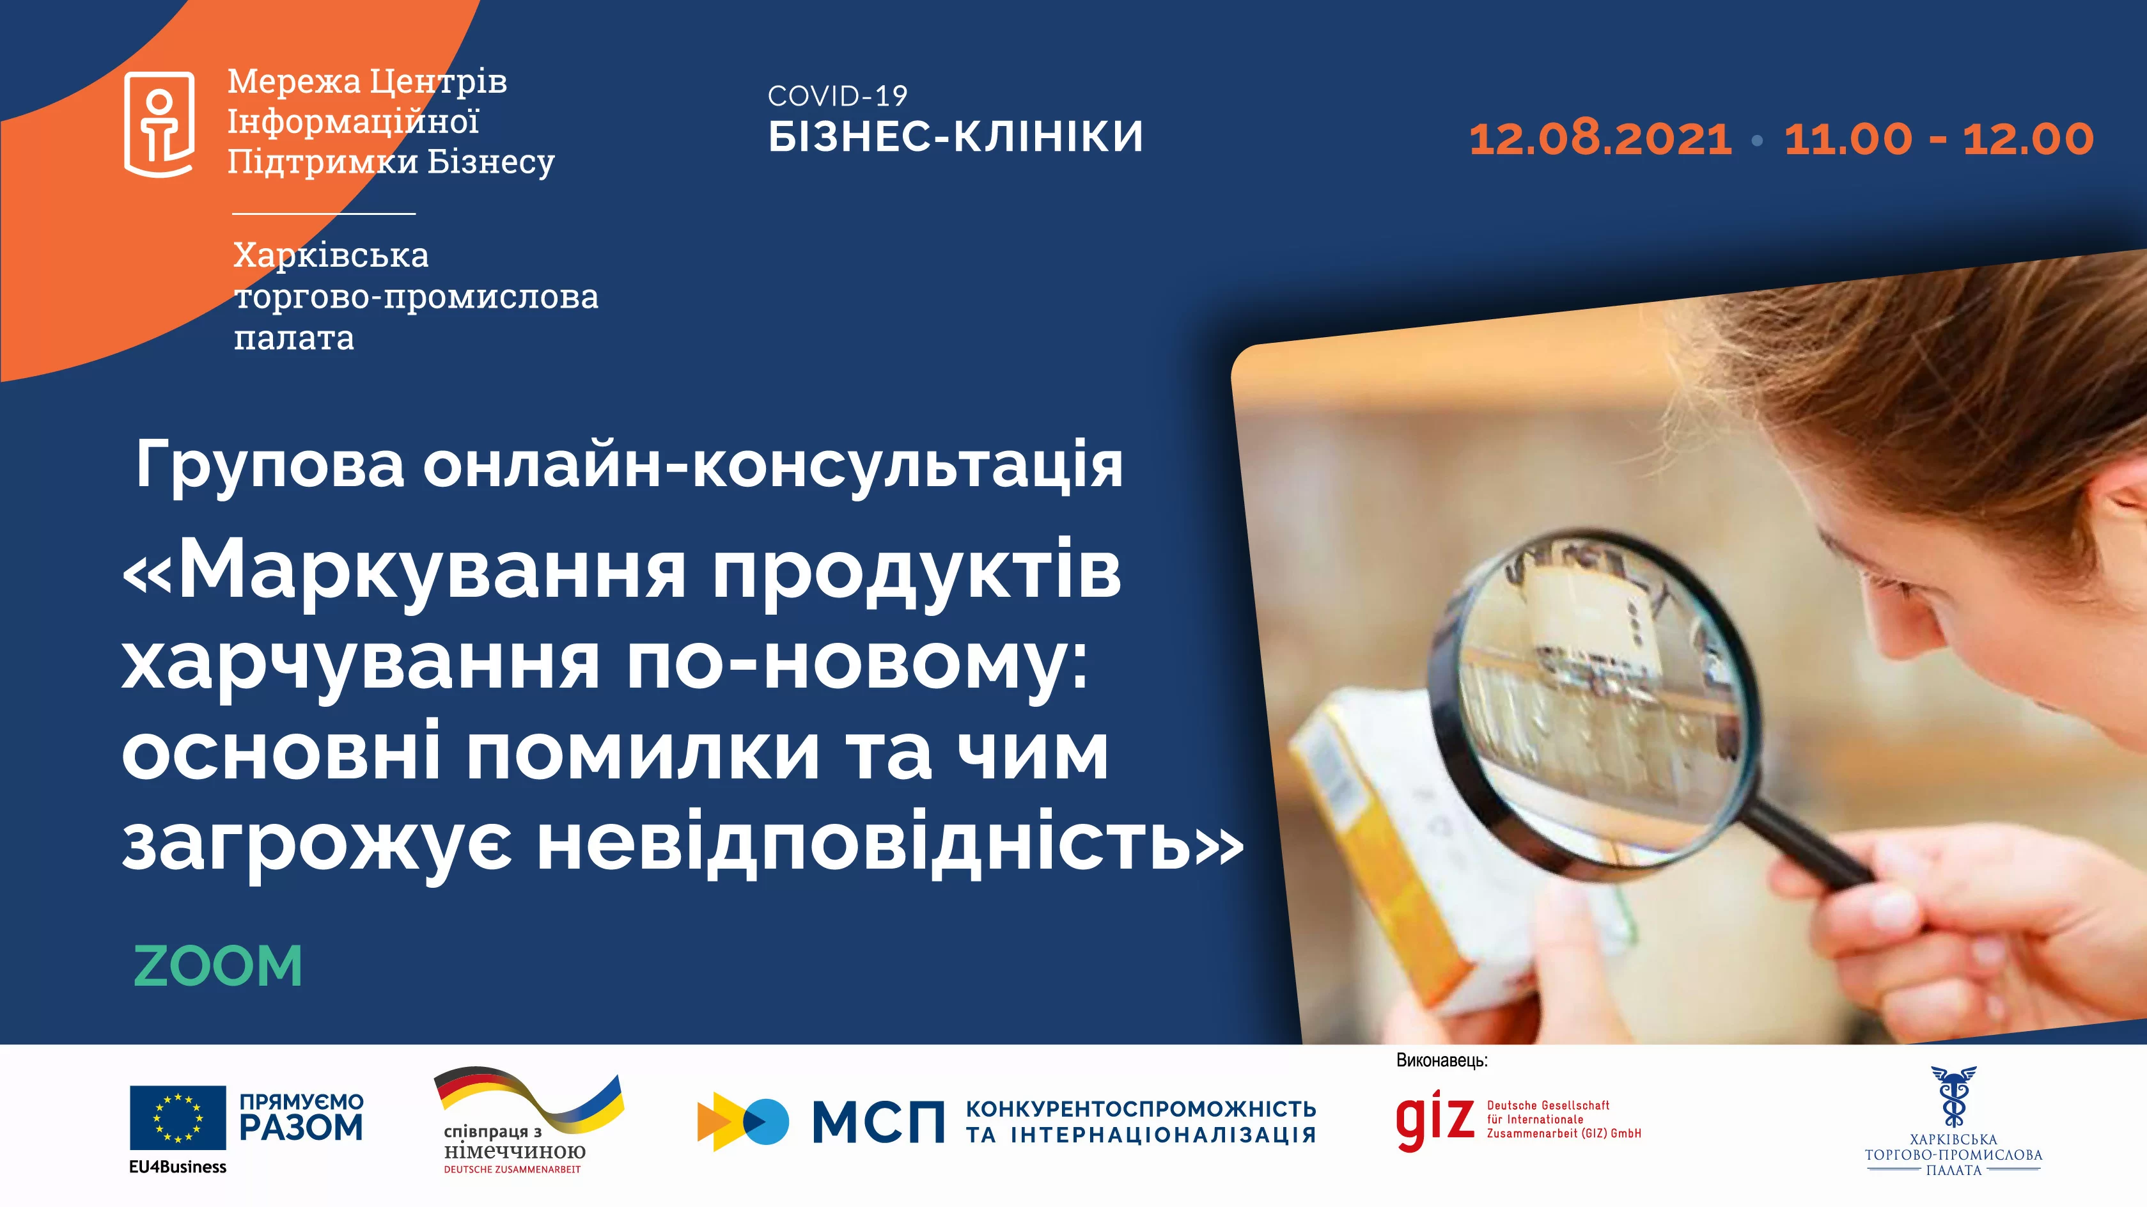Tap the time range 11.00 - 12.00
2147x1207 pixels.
point(1939,138)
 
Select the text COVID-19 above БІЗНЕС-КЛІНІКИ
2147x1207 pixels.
point(837,97)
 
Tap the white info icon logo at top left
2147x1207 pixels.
point(159,123)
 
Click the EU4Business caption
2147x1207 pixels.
point(178,1167)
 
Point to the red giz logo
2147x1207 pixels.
point(1434,1121)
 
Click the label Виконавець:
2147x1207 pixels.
point(1441,1061)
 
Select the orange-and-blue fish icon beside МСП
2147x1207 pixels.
point(742,1121)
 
